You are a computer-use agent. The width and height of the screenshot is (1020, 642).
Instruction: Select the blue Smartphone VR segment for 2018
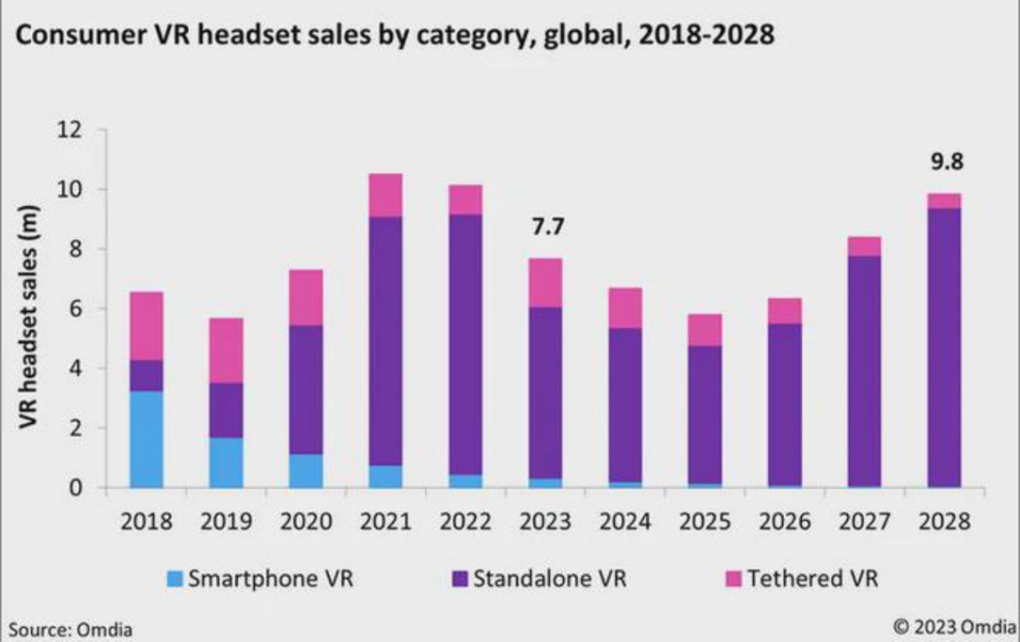pos(145,439)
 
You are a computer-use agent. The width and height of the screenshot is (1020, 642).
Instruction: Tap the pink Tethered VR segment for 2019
pos(226,350)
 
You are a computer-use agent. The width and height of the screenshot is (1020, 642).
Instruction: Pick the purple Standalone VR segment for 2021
pos(385,340)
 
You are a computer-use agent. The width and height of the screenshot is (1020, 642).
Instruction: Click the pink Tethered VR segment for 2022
pos(466,200)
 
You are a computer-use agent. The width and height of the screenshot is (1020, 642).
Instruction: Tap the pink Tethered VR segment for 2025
pos(705,330)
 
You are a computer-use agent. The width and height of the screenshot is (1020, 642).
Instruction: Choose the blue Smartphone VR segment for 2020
pos(306,470)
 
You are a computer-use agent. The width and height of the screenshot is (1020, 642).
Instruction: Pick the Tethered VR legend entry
pos(802,578)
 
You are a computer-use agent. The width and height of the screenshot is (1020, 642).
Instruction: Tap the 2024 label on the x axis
pos(624,521)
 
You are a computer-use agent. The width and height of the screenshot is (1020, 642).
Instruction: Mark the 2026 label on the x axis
pos(784,521)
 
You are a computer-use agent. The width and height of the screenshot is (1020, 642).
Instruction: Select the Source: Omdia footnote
pos(71,629)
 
